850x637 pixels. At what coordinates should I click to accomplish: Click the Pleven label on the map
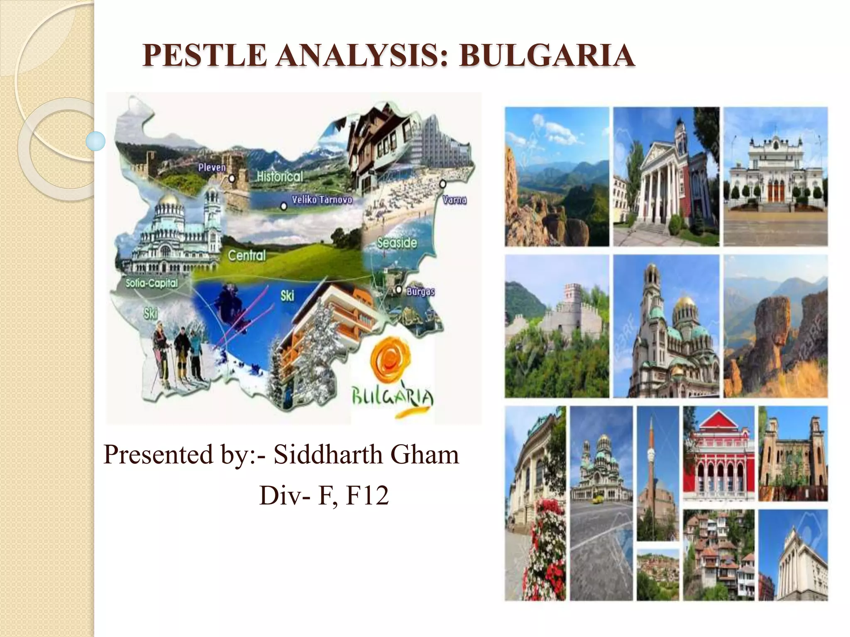tap(212, 168)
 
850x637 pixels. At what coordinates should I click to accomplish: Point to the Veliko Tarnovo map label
tap(322, 200)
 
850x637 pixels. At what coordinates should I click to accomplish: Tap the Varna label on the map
tap(454, 200)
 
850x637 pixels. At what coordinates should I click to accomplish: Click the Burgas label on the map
tap(420, 291)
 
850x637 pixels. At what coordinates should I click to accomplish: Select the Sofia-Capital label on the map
tap(151, 283)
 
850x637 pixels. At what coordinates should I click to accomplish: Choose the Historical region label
tap(280, 177)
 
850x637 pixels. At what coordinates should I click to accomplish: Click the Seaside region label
tap(397, 243)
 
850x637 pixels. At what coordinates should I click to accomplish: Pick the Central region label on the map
tap(247, 255)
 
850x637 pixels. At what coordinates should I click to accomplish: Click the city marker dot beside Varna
tap(442, 183)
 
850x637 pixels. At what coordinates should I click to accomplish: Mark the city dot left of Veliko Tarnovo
tap(283, 206)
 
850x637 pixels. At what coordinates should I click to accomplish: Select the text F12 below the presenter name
tap(367, 495)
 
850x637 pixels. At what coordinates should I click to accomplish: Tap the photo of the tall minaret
tap(657, 473)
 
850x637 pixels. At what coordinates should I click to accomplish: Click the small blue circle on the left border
tap(96, 141)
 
